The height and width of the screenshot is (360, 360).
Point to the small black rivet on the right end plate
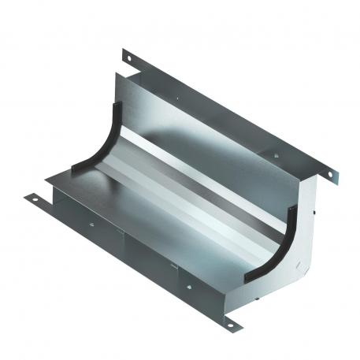[312, 212]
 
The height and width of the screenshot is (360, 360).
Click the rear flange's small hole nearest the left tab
[180, 99]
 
